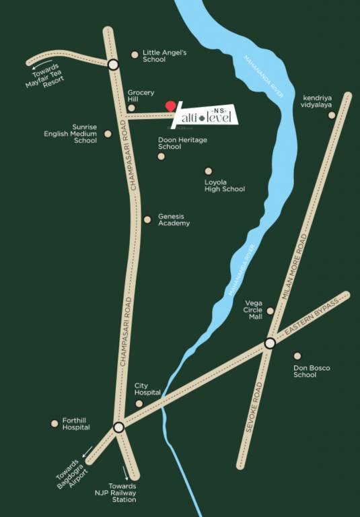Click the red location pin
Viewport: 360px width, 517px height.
[171, 106]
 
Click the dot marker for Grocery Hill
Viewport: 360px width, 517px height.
[131, 108]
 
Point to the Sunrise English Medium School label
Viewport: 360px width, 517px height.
[71, 133]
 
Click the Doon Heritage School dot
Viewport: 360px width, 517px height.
[161, 157]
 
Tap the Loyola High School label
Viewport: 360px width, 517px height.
[225, 185]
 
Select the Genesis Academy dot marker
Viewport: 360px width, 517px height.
[147, 219]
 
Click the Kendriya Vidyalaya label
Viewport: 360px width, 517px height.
[318, 100]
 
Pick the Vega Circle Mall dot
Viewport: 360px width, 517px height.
[271, 311]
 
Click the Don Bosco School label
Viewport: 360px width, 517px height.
[311, 371]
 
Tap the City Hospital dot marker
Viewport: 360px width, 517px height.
[139, 403]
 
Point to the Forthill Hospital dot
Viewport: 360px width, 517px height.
[55, 423]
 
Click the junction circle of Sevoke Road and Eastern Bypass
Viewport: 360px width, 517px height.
[270, 343]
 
